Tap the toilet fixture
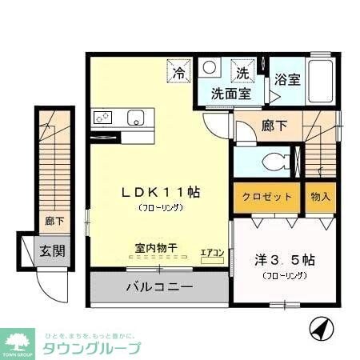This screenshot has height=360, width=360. tap(277, 158)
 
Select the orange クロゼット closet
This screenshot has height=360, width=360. tap(267, 197)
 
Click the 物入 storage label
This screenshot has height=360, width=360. tap(321, 197)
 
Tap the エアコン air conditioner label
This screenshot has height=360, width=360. tap(211, 250)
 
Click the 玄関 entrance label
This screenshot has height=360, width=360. tap(52, 250)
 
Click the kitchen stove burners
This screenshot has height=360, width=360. tap(105, 118)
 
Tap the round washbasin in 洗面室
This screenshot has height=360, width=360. tap(209, 68)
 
